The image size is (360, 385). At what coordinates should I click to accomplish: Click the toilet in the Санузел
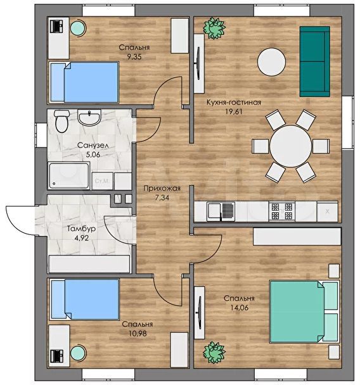(x=61, y=121)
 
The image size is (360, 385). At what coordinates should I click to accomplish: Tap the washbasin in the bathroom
(x=89, y=117)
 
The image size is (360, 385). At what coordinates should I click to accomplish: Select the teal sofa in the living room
(x=315, y=61)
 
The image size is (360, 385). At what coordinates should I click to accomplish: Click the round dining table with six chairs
(x=291, y=146)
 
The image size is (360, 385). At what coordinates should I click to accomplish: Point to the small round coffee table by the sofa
(x=271, y=61)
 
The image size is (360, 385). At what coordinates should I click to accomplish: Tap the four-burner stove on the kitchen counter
(x=282, y=211)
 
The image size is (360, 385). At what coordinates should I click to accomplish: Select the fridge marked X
(x=327, y=211)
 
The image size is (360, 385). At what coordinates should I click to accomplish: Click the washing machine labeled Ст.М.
(x=103, y=181)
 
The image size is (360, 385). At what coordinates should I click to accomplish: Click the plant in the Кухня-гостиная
(x=214, y=28)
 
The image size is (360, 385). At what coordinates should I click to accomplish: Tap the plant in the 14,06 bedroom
(x=214, y=352)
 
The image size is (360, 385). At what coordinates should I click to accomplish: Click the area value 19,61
(x=233, y=111)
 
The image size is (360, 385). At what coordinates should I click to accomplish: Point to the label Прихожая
(x=162, y=189)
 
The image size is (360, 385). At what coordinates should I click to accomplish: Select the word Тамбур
(x=81, y=229)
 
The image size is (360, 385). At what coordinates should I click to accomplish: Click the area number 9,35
(x=134, y=57)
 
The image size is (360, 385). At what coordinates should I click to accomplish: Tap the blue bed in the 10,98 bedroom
(x=84, y=300)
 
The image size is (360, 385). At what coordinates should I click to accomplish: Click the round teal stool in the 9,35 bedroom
(x=79, y=28)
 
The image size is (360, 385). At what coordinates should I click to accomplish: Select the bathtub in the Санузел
(x=69, y=176)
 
